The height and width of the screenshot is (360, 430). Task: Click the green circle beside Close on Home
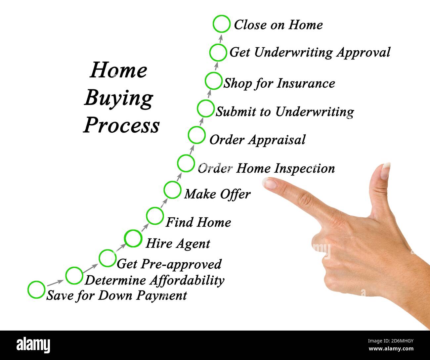[221, 24]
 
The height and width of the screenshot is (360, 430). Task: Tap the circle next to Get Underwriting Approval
[218, 52]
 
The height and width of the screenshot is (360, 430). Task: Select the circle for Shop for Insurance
[213, 81]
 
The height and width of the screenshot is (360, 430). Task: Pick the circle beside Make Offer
[172, 190]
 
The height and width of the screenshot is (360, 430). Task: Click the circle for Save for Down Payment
[36, 290]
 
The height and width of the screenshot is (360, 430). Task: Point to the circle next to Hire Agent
[133, 238]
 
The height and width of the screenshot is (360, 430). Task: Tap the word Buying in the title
[118, 98]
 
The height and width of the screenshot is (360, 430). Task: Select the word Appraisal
[277, 140]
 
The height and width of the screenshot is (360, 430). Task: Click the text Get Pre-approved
[169, 264]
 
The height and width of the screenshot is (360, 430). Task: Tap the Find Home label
[198, 222]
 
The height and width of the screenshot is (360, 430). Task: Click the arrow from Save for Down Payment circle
[55, 283]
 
